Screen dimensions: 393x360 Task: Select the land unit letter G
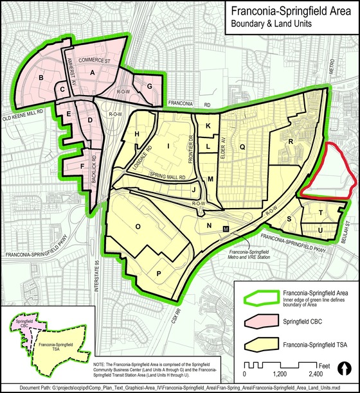[x=149, y=86]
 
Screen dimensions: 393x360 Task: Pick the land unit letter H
[x=137, y=133]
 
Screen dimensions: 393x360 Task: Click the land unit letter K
[x=208, y=126]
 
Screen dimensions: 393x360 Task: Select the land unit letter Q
[x=242, y=147]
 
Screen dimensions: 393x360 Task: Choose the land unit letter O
[x=137, y=226]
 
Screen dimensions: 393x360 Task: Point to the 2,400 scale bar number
[x=316, y=373]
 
